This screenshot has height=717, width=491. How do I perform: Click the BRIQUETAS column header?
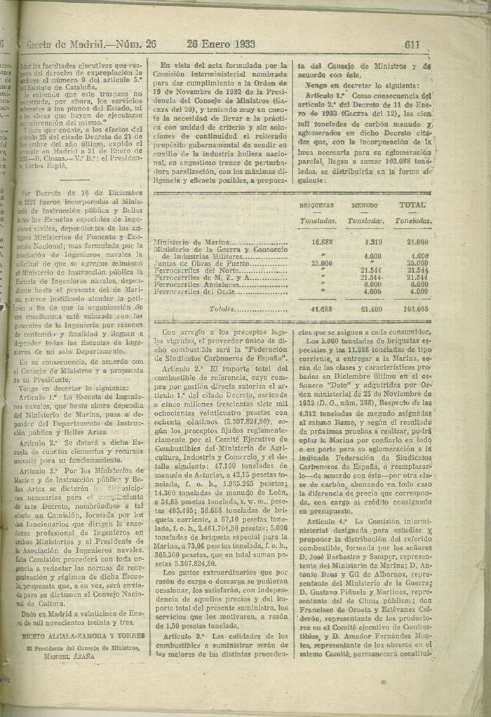316,205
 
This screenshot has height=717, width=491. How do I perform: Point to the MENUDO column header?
363,205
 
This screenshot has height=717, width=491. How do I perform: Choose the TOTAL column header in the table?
412,205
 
